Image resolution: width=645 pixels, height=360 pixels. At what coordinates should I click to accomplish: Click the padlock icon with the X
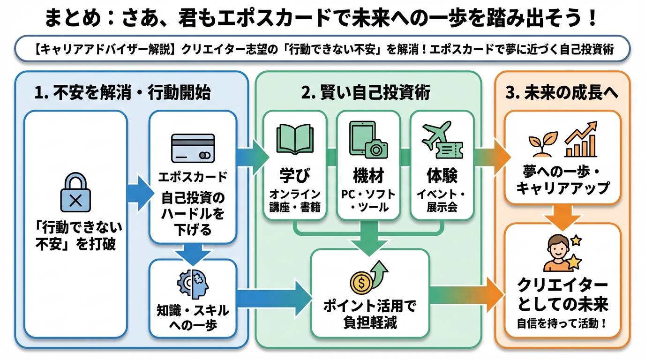click(x=76, y=192)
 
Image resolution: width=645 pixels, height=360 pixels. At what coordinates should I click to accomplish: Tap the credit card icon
click(x=193, y=149)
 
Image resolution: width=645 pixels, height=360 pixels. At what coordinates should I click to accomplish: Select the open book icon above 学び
click(x=294, y=139)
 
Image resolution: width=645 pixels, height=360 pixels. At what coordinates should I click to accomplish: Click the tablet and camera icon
click(x=368, y=140)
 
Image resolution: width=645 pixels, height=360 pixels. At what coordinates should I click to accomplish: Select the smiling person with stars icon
click(x=562, y=253)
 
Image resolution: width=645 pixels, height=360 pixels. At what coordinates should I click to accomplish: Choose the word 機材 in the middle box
click(x=368, y=176)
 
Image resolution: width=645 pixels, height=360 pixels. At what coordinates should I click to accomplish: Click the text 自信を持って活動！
click(x=562, y=323)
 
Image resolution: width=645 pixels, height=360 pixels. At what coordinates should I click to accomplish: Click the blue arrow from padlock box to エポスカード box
click(x=139, y=193)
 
